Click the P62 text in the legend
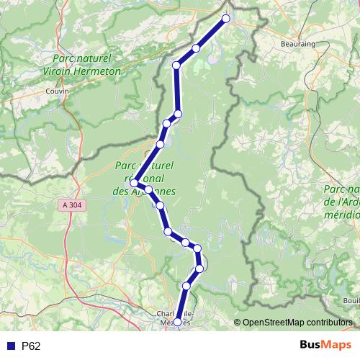(x=31, y=346)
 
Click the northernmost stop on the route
(x=226, y=19)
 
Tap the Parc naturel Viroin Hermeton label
(x=86, y=66)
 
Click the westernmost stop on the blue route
(x=134, y=183)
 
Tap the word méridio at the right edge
(x=344, y=215)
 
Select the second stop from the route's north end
(x=196, y=48)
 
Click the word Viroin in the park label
(x=66, y=71)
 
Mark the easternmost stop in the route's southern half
(x=201, y=268)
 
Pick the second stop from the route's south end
(x=186, y=286)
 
